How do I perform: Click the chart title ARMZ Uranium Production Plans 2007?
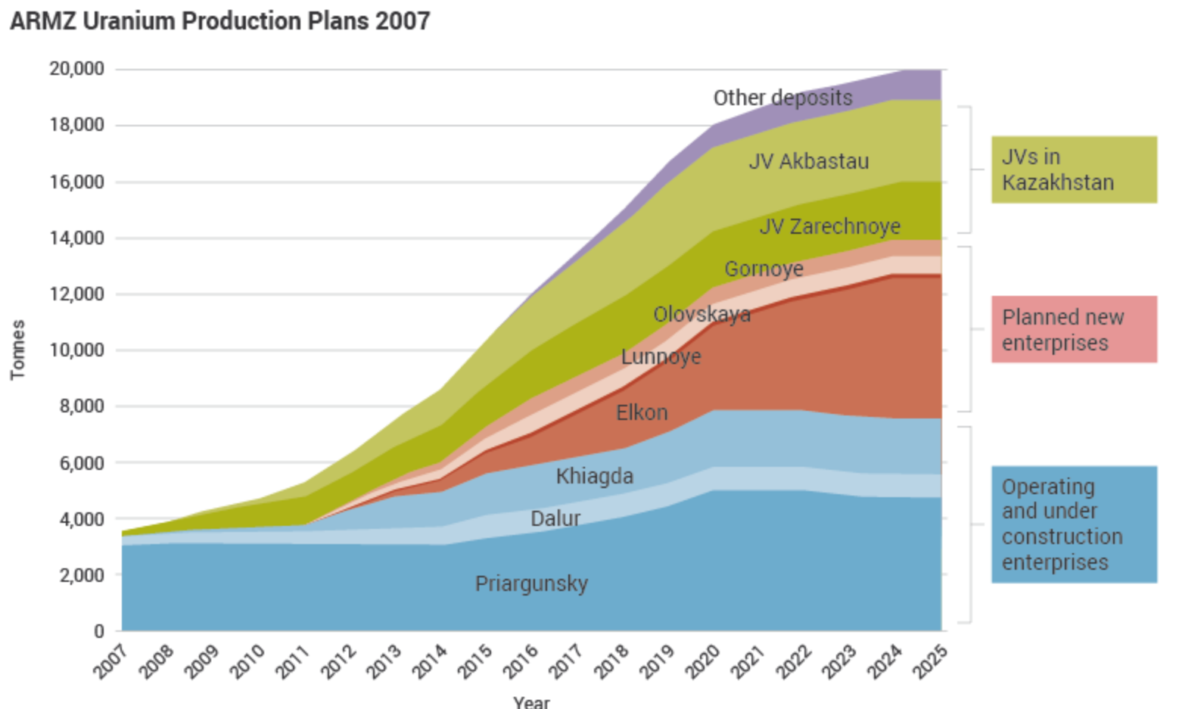coord(219,20)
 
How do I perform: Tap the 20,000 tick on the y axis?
coord(76,69)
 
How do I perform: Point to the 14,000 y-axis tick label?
coord(76,238)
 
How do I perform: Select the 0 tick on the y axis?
coord(98,630)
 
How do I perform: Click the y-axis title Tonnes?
coord(17,350)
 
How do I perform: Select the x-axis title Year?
coord(531,701)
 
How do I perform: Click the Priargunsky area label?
coord(531,583)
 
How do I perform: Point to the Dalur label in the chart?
coord(555,518)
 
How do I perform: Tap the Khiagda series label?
coord(594,476)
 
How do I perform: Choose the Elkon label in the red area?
coord(642,412)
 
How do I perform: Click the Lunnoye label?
coord(661,356)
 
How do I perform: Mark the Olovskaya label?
coord(702,314)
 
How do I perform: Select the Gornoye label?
coord(764,269)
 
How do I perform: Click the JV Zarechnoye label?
coord(829,226)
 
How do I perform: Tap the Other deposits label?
coord(782,98)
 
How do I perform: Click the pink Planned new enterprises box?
coord(1074,329)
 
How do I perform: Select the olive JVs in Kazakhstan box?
coord(1074,169)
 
